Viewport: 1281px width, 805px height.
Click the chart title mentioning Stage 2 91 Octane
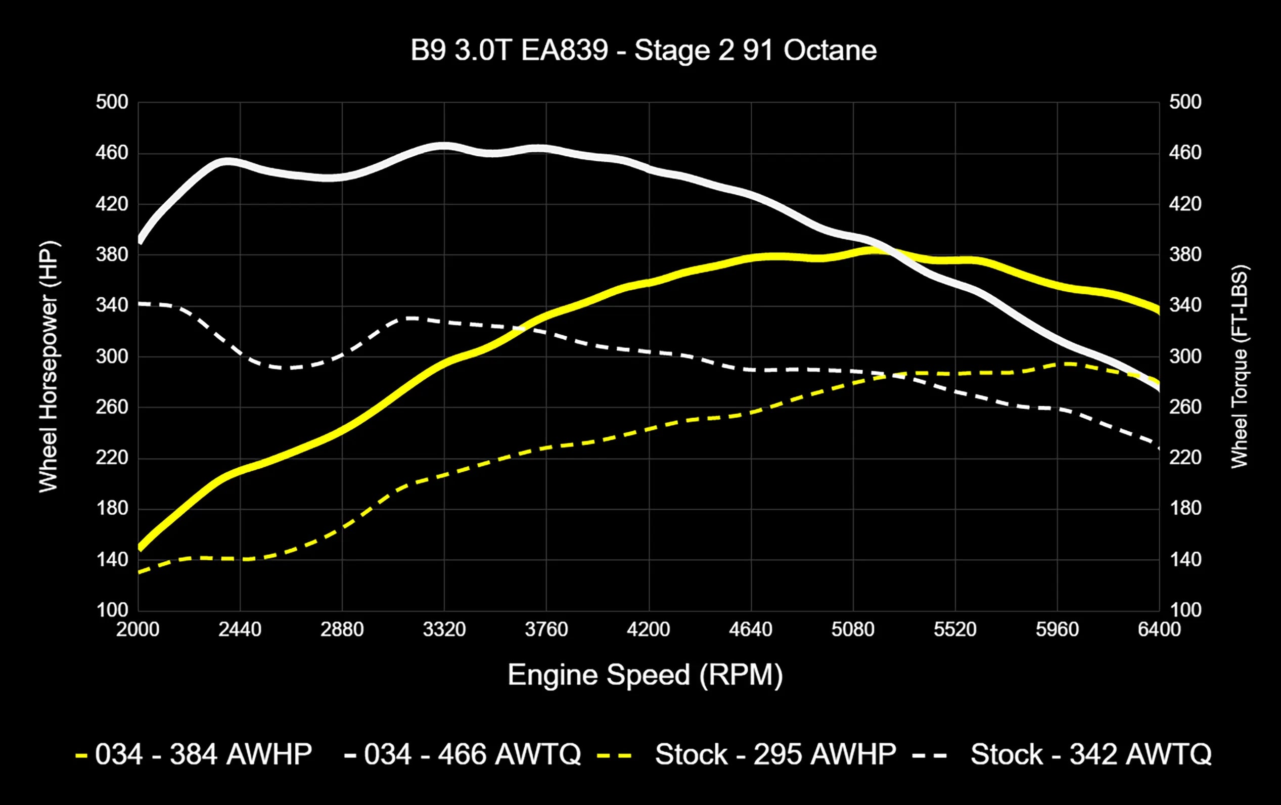[x=643, y=51]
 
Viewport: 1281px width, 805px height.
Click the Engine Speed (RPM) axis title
[x=645, y=675]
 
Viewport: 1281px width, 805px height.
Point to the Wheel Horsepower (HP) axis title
[x=49, y=367]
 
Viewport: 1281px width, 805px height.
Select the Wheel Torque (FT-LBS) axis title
[x=1240, y=367]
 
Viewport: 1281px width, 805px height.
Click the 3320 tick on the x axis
[x=444, y=630]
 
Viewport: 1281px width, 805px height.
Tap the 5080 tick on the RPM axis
[x=853, y=630]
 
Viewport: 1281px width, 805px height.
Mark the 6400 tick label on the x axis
[x=1159, y=630]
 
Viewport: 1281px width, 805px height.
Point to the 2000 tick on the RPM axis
[x=138, y=630]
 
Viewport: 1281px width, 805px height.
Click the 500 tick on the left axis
[x=112, y=102]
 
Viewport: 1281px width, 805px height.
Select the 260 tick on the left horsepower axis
[x=112, y=407]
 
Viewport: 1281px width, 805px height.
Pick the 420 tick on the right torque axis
[x=1185, y=204]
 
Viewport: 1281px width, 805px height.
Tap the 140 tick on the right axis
[x=1185, y=560]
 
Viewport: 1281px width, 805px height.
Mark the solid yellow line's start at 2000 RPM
[x=140, y=548]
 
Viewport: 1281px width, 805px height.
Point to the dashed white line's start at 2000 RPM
[x=140, y=304]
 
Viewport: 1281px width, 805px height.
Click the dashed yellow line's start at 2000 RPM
[x=140, y=572]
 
